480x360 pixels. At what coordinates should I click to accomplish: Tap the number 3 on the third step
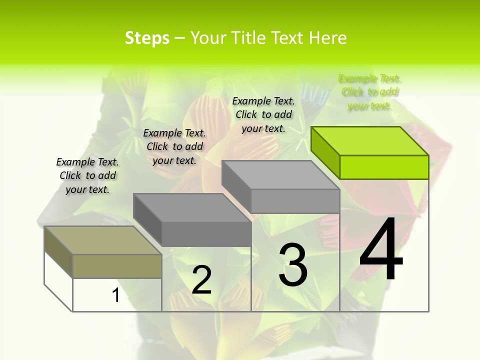click(x=293, y=264)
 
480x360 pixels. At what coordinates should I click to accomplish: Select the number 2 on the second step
click(x=202, y=280)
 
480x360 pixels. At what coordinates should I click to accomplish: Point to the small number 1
click(x=116, y=295)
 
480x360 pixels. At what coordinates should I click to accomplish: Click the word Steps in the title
click(x=147, y=38)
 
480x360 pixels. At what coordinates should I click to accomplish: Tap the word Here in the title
click(x=328, y=38)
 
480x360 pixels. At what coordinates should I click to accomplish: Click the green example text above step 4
click(x=369, y=92)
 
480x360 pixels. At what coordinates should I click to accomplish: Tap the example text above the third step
click(x=263, y=114)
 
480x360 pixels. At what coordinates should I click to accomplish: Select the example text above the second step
click(x=174, y=146)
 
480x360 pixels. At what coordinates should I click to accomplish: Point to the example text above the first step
click(x=87, y=175)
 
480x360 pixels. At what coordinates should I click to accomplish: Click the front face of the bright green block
click(x=384, y=167)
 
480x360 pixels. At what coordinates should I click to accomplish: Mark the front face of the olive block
click(x=117, y=266)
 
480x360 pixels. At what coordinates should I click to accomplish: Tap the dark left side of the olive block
click(x=58, y=251)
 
